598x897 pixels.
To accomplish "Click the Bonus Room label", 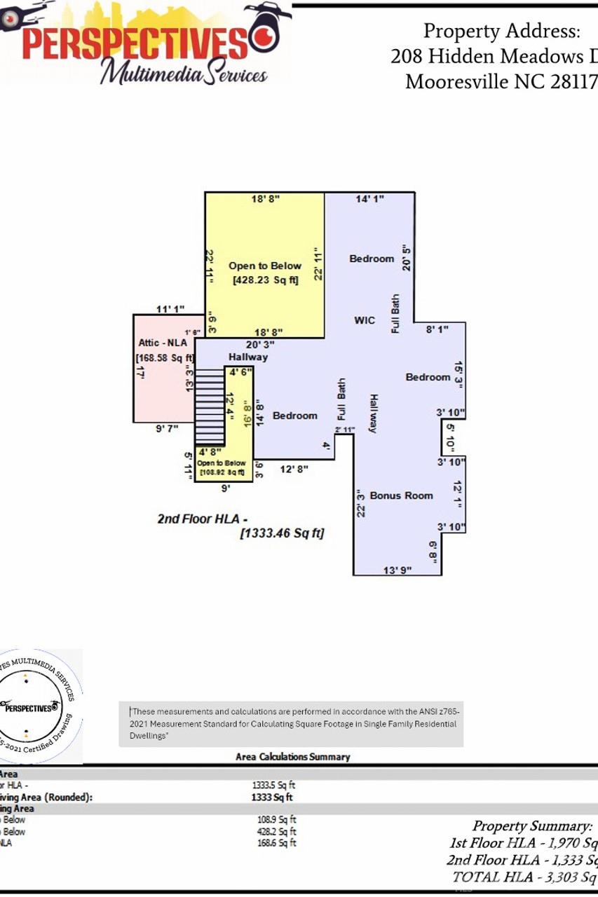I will point(401,495).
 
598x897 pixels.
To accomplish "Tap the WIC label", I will point(365,320).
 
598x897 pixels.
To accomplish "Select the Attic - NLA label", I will point(163,343).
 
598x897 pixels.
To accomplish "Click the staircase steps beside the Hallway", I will point(208,396).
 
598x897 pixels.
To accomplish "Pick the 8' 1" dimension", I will point(437,328).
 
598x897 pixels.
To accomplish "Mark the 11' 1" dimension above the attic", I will point(170,308).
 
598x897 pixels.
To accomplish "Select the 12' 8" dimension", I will point(294,468).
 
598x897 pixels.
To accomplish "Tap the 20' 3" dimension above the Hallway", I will point(260,344).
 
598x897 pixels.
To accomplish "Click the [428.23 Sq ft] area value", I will point(265,280).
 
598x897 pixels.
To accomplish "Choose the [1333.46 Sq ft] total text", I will point(282,534).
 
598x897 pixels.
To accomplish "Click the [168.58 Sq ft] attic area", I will point(165,358).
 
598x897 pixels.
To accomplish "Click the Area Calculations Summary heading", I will point(292,757).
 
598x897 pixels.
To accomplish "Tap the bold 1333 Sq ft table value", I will point(272,797).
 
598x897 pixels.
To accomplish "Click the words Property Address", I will point(501,32).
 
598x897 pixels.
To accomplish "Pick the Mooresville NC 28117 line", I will point(501,82).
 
